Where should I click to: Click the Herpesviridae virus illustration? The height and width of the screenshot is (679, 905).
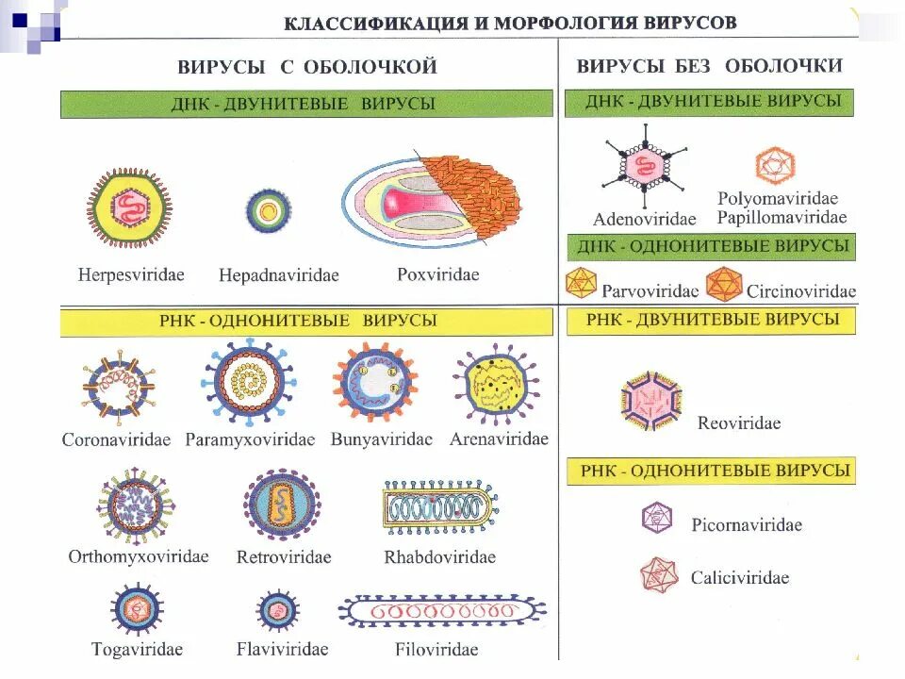[130, 208]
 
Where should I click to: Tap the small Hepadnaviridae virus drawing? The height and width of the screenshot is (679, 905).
[269, 211]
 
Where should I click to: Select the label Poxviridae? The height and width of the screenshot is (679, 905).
[437, 274]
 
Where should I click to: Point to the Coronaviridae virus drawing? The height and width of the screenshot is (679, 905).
[118, 386]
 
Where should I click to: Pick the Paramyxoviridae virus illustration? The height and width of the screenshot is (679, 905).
[249, 381]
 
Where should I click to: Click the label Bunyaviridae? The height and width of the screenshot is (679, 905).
[381, 439]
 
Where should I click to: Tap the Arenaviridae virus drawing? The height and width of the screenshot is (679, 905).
[496, 384]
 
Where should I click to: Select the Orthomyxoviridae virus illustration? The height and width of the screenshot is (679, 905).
[136, 506]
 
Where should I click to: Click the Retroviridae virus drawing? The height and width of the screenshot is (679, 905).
[283, 505]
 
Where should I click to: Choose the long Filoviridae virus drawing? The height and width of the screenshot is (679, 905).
[441, 612]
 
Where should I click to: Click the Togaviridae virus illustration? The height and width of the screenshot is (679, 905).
[137, 610]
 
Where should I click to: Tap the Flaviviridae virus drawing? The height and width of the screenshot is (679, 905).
[278, 610]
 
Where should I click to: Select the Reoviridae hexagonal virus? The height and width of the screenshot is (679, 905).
[651, 403]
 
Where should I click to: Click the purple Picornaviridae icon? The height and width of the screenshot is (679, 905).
[657, 519]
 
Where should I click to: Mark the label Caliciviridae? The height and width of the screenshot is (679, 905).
[739, 578]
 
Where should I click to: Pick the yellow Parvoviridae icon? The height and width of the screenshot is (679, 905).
[581, 283]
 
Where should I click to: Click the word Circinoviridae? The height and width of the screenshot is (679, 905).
[800, 290]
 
